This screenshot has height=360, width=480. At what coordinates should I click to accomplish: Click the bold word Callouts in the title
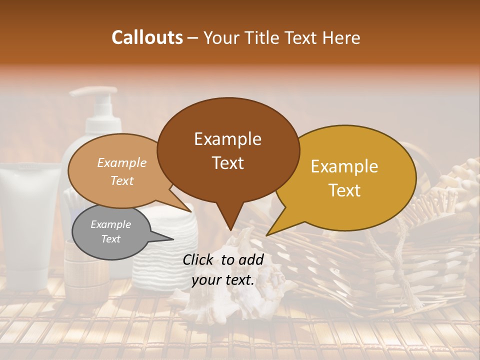(x=147, y=37)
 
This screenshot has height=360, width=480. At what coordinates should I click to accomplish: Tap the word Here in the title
(x=341, y=38)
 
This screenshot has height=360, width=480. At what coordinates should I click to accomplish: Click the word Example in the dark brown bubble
(x=228, y=139)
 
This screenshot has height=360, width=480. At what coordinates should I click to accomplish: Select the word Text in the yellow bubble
(x=345, y=190)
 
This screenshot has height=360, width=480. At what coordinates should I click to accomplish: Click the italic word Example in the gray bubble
(x=110, y=224)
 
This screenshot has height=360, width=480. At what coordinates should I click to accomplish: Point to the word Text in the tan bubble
(x=122, y=180)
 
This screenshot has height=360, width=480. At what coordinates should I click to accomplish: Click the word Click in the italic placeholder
(x=199, y=259)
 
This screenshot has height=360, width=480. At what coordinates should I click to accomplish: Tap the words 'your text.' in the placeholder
(x=223, y=280)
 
